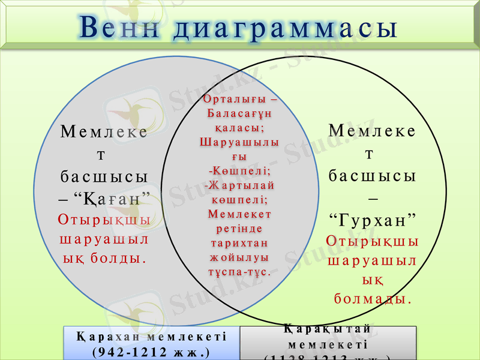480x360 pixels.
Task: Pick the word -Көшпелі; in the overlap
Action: (x=239, y=170)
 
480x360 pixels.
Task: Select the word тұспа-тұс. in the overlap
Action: (x=239, y=272)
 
